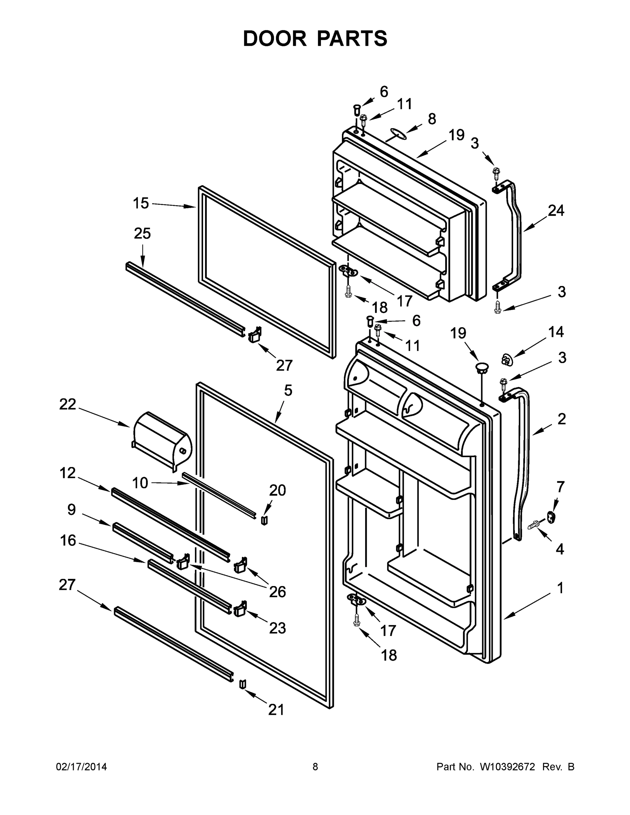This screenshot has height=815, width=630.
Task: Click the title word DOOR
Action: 275,39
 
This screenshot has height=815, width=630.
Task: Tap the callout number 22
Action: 68,404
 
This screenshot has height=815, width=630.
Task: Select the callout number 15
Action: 141,203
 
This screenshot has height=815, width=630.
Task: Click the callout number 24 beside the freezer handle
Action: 556,211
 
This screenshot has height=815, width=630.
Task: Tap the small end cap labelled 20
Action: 264,520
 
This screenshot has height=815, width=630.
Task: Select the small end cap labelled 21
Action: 242,684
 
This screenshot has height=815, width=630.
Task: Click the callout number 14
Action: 556,332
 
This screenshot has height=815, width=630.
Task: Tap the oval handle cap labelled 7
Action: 551,517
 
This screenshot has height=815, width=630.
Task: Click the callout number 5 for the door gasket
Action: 288,390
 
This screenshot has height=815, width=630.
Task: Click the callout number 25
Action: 142,234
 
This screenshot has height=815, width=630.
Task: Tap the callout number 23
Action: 277,629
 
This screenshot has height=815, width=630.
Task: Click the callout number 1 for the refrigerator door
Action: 560,588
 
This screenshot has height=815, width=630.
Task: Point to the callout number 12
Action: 68,473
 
